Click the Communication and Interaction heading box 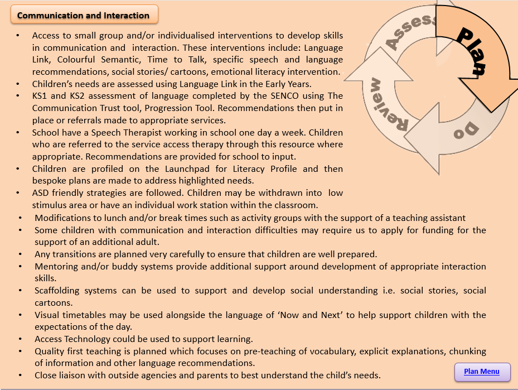(84, 15)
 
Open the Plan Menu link (482, 372)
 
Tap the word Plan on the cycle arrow (472, 50)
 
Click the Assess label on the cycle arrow (409, 33)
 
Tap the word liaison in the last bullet (76, 375)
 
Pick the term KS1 (41, 96)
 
